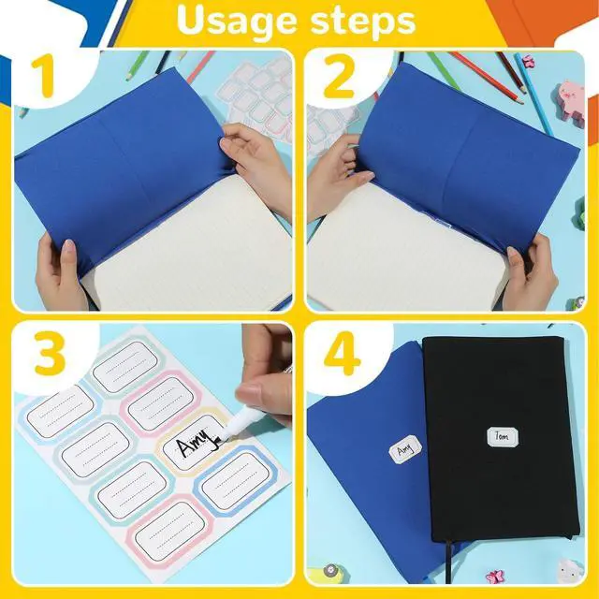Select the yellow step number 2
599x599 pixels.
point(339,78)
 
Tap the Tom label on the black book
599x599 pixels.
point(502,437)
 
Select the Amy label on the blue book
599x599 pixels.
point(404,450)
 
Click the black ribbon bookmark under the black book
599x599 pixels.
point(449,562)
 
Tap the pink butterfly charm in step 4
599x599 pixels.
point(495,577)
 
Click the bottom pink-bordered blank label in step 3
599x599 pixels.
point(170,531)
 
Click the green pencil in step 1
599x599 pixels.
point(138,66)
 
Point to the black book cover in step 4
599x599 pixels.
point(500,439)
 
